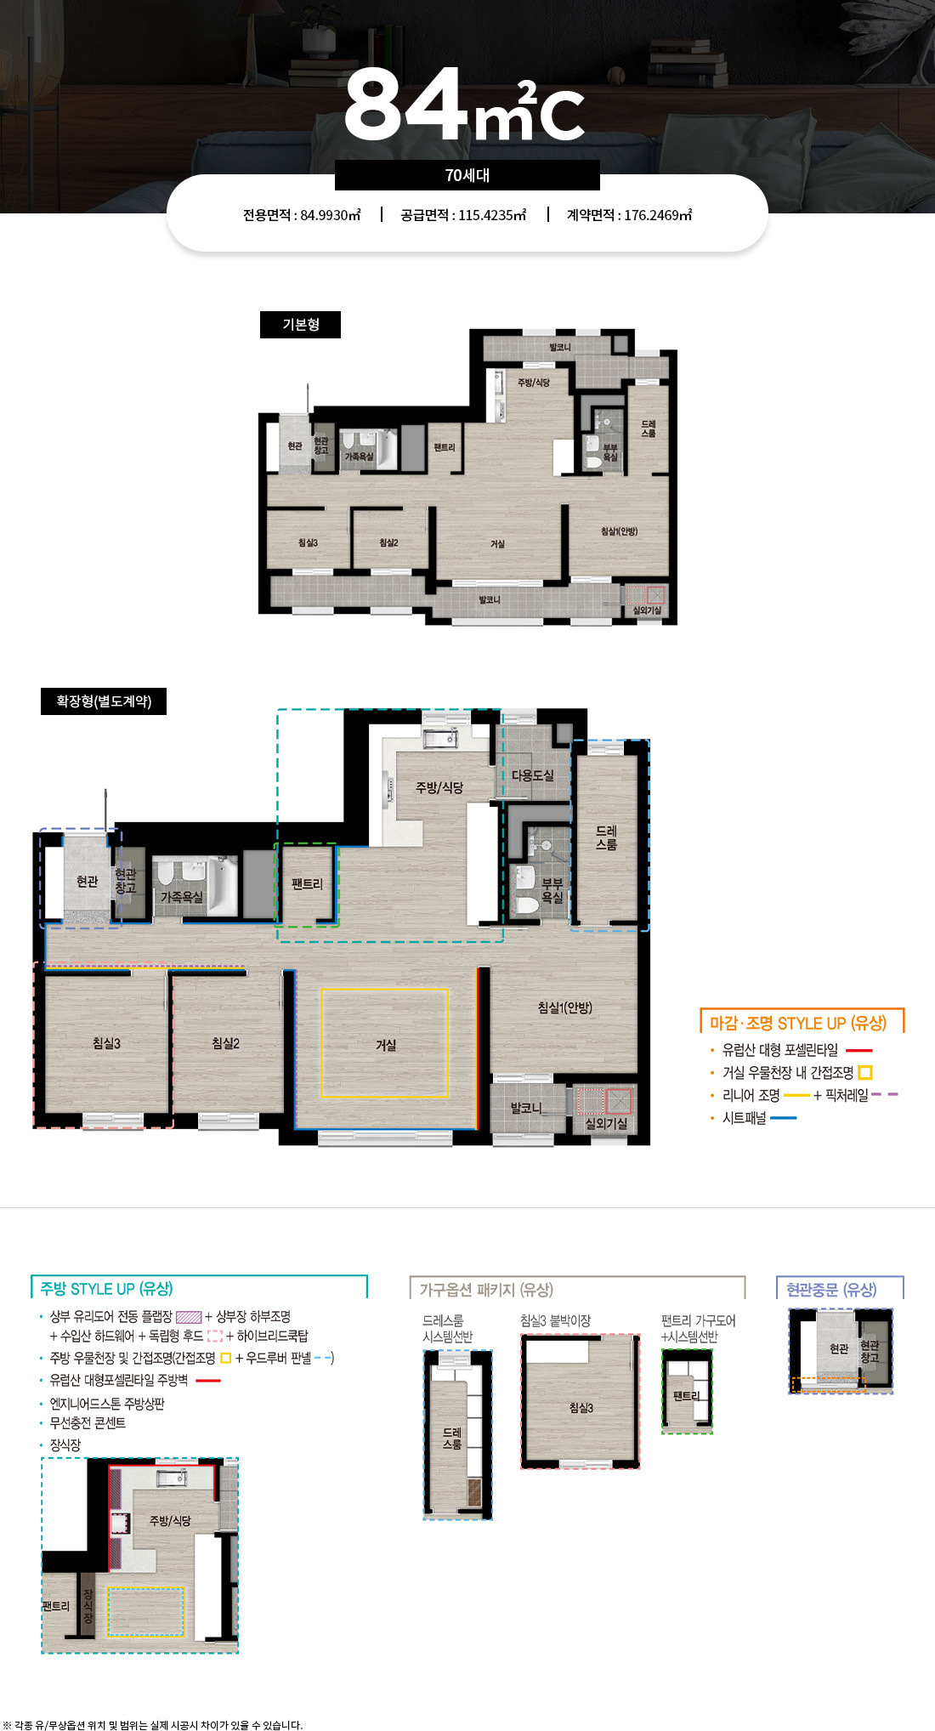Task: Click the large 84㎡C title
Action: [464, 105]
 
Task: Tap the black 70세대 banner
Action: [467, 175]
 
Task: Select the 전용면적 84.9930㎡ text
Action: [302, 215]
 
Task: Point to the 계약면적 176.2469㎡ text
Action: [629, 215]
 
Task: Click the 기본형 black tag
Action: [300, 325]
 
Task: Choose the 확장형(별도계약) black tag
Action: [104, 701]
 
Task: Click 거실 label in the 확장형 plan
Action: [386, 1045]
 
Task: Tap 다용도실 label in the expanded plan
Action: [532, 775]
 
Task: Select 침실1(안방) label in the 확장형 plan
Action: [564, 1007]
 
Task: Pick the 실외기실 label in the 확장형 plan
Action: [606, 1123]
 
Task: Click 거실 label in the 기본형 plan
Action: [497, 544]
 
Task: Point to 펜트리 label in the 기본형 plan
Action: [444, 447]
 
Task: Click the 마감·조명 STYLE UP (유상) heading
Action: [797, 1023]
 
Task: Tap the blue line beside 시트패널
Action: [783, 1118]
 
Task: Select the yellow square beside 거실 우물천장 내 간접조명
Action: [865, 1073]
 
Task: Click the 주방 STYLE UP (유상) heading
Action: [106, 1289]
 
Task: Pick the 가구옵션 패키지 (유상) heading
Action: [486, 1290]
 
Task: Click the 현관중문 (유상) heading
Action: [831, 1290]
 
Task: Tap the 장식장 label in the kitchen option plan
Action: [88, 1606]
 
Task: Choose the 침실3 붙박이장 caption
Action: [555, 1320]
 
